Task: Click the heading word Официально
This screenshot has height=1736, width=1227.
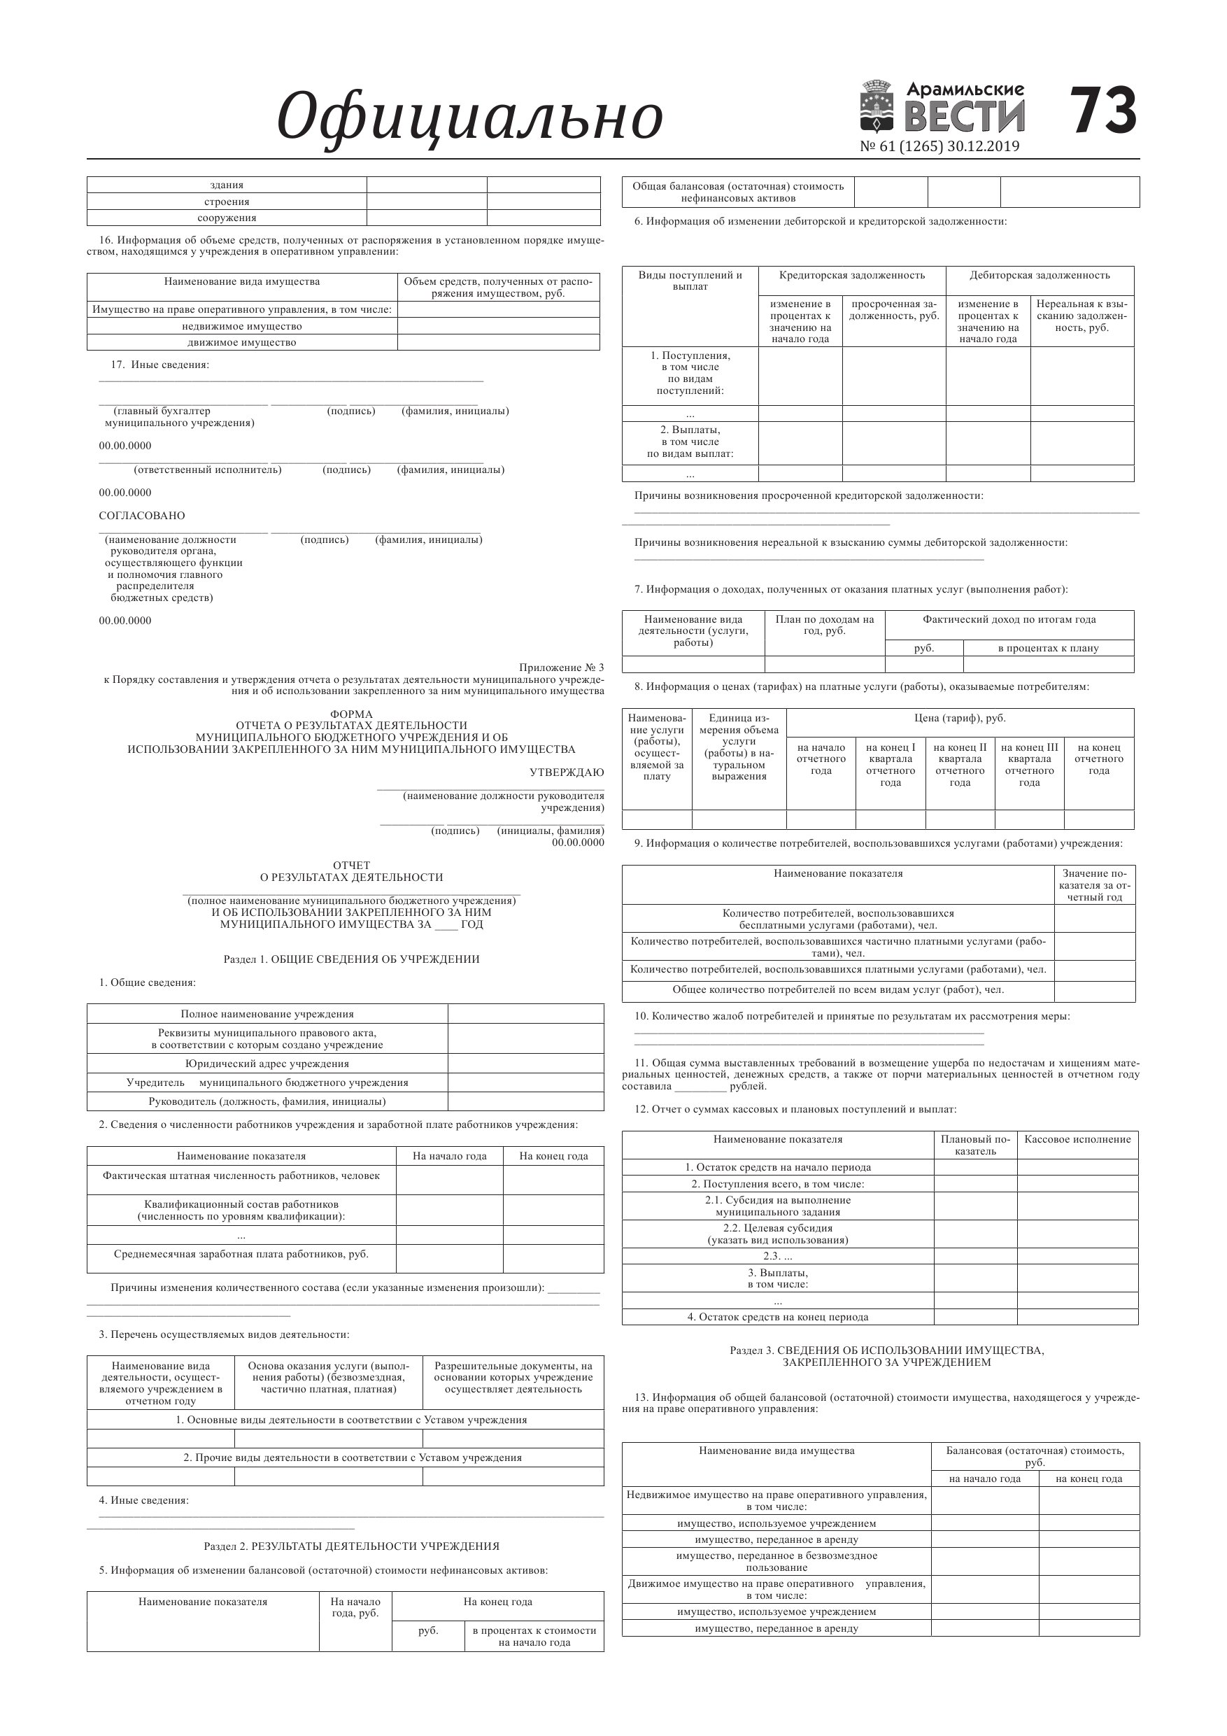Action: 469,117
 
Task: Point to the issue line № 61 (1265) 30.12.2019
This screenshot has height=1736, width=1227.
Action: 939,147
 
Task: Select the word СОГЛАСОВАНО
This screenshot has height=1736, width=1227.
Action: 142,516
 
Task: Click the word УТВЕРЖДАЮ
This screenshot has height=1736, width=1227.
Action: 566,772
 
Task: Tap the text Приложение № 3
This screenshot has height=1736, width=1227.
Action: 561,667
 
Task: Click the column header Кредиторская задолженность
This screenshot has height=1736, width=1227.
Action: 851,275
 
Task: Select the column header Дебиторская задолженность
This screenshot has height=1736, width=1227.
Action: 1040,275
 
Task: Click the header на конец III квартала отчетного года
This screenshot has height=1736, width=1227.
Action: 1029,764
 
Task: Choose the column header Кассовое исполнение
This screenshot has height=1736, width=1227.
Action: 1077,1139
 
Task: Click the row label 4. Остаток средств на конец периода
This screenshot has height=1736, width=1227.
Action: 777,1317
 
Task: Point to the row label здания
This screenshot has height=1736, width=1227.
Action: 226,185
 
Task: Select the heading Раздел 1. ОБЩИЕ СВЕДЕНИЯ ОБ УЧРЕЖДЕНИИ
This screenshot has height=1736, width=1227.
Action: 352,959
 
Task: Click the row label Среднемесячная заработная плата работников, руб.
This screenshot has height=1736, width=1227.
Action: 241,1255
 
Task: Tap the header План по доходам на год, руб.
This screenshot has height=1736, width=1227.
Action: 824,625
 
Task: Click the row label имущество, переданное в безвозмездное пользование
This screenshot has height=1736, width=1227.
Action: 776,1561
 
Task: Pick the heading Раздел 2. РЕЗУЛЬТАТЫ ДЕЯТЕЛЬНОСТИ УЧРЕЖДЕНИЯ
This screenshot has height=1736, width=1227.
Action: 352,1546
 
